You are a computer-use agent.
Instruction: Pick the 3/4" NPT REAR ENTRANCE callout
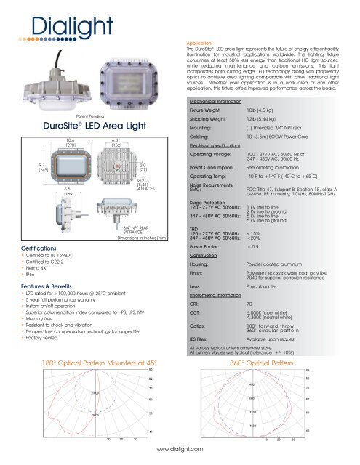[x=135, y=210]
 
